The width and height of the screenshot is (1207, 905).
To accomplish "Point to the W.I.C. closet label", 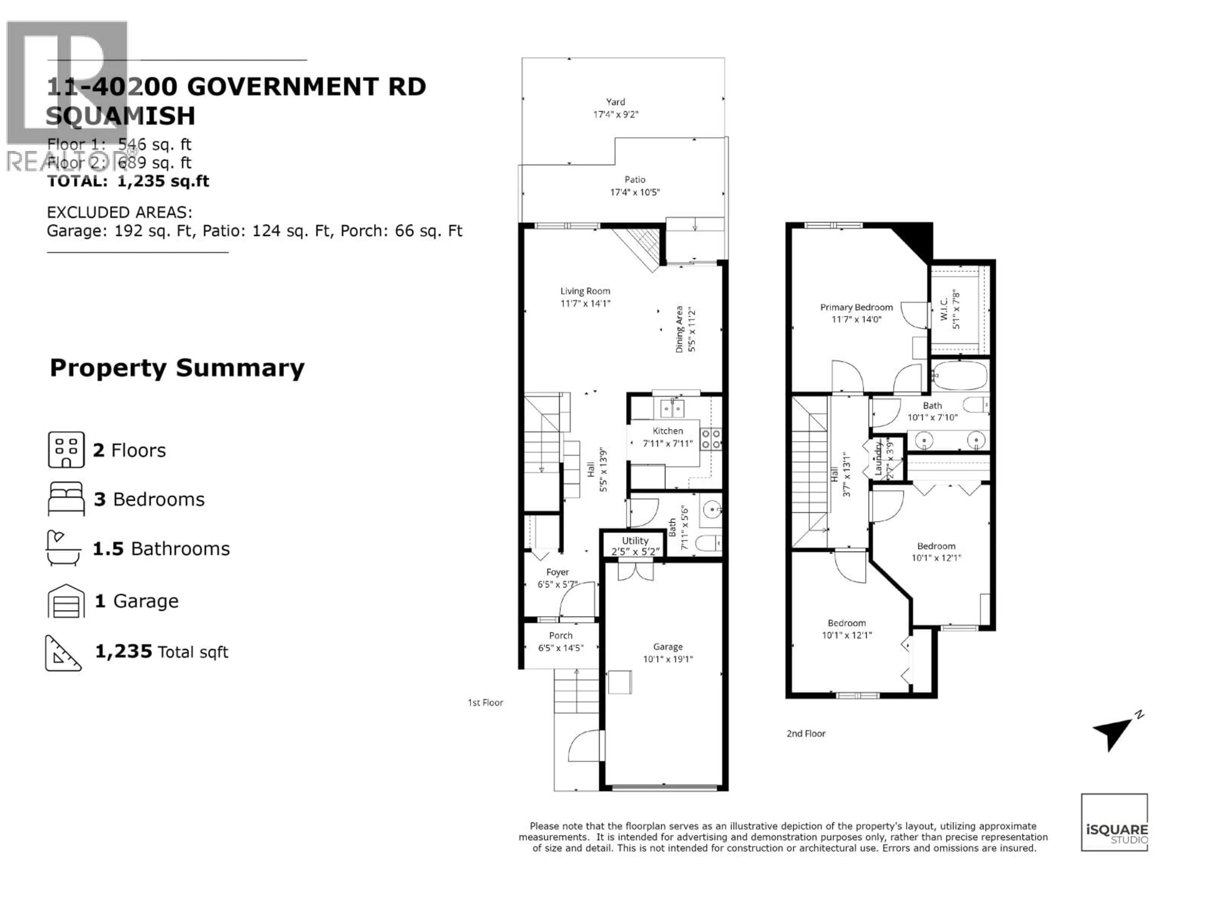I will pos(944,309).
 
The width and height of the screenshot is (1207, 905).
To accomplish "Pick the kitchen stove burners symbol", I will pos(711,439).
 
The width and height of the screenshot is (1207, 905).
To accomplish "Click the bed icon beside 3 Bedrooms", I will pos(66,499).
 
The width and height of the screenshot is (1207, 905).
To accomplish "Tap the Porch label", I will pos(560,635).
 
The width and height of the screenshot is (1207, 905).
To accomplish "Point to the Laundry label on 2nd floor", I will pos(878,458).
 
